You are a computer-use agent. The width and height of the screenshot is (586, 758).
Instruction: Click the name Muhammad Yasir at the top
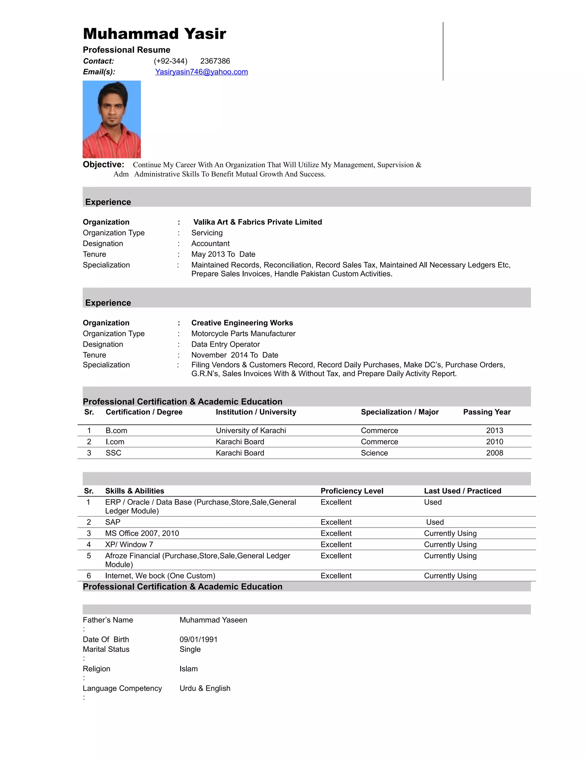(x=155, y=34)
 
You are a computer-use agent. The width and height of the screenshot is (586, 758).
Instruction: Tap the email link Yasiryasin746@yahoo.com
(x=201, y=72)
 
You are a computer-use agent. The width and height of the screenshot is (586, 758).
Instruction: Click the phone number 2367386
(x=215, y=61)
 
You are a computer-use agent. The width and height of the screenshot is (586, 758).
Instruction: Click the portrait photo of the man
(x=112, y=119)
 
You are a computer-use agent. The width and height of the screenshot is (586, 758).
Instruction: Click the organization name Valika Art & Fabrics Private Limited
(x=257, y=222)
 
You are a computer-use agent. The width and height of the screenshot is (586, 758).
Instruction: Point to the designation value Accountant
(x=210, y=244)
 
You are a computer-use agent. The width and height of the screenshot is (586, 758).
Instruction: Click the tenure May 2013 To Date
(x=223, y=254)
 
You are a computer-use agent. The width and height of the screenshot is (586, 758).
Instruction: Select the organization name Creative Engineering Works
(x=242, y=323)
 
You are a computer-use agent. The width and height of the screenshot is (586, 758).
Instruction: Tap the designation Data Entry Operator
(x=225, y=344)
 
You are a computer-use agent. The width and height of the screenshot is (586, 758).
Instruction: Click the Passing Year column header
(x=487, y=412)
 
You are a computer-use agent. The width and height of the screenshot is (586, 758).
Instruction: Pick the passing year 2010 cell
(x=494, y=442)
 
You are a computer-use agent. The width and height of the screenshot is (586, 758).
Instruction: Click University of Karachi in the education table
(x=251, y=431)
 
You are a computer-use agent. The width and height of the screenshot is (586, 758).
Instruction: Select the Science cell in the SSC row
(x=374, y=453)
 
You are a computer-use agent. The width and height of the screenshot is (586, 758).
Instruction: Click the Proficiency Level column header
(x=352, y=491)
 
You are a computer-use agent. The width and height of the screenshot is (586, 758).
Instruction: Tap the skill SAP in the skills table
(x=113, y=522)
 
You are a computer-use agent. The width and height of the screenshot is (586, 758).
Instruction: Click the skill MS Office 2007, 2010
(x=142, y=533)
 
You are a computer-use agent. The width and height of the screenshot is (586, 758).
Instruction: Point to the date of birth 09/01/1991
(x=198, y=639)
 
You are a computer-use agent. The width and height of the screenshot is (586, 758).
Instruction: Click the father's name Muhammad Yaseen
(x=213, y=620)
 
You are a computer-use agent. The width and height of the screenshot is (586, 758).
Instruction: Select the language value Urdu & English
(x=205, y=688)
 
